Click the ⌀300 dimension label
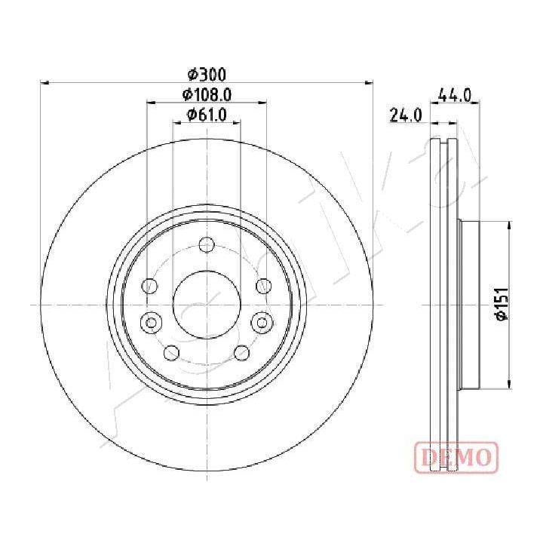click(x=207, y=74)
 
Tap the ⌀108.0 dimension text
click(x=207, y=94)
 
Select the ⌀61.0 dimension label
click(x=207, y=115)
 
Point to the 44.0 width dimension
click(x=455, y=95)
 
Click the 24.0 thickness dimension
click(x=406, y=115)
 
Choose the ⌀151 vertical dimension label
click(x=502, y=304)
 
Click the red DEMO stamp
click(x=456, y=457)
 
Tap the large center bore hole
click(x=207, y=305)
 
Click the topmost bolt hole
click(x=207, y=245)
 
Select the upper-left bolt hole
click(x=150, y=286)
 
